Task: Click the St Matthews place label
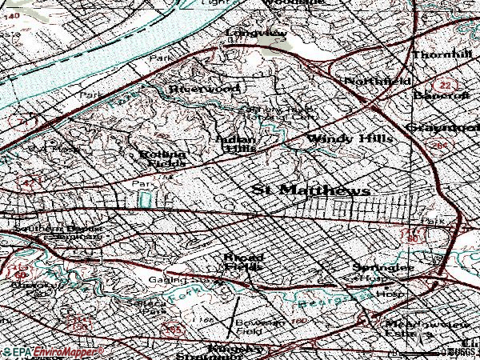(x=310, y=190)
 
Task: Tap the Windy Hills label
(x=350, y=139)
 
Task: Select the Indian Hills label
(x=238, y=142)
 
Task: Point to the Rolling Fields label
(x=163, y=159)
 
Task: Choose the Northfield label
(x=378, y=82)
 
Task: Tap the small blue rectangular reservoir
(x=144, y=197)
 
